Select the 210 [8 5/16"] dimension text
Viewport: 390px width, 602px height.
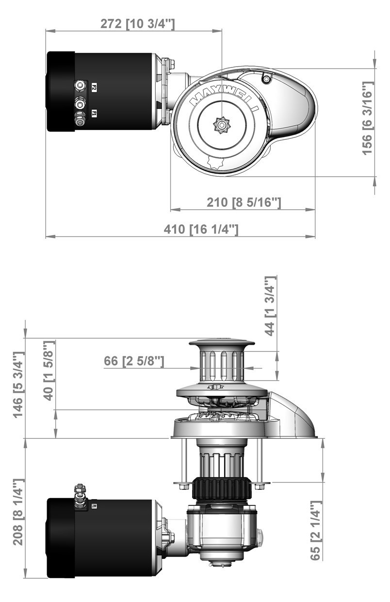pos(244,202)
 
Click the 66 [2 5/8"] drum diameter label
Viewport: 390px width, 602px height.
pos(134,361)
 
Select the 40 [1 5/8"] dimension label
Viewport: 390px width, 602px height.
pos(48,370)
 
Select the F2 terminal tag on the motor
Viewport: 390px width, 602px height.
pos(94,87)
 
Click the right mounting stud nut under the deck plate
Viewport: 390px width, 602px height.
pos(260,485)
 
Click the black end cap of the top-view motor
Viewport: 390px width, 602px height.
pos(60,91)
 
